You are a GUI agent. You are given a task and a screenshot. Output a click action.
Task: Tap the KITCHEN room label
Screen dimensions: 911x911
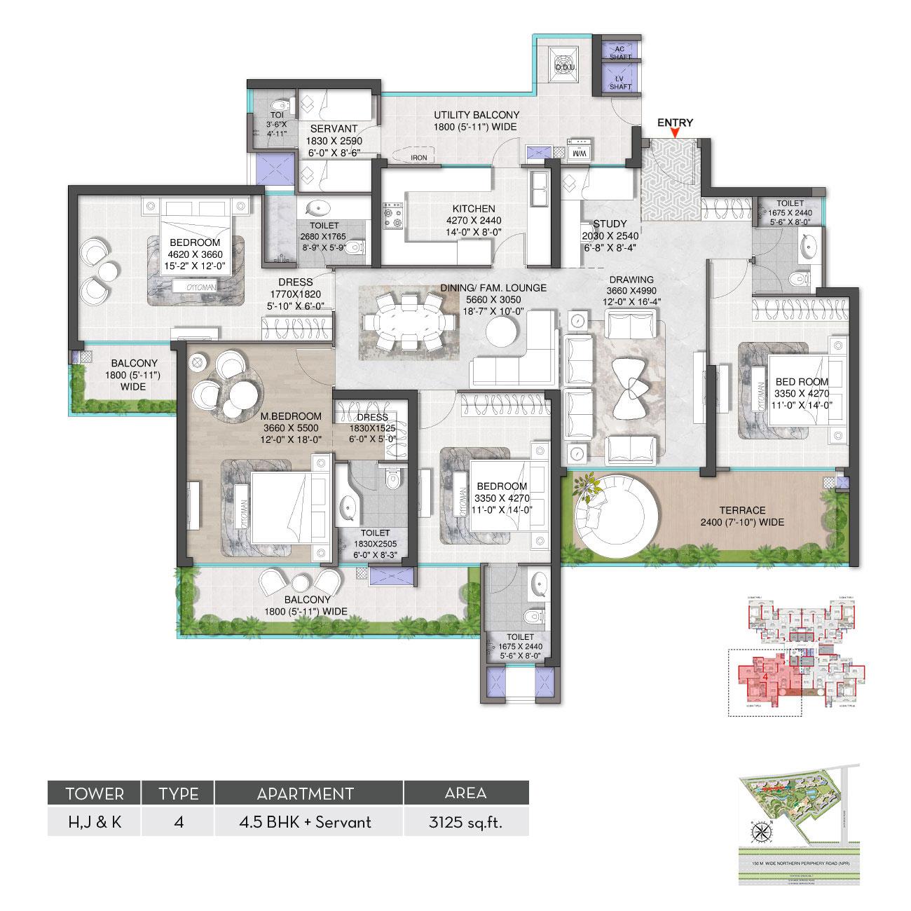point(474,209)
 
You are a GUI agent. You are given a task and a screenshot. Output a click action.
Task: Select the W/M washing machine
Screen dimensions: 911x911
point(580,151)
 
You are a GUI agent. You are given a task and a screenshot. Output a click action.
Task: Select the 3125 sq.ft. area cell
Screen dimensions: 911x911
point(465,821)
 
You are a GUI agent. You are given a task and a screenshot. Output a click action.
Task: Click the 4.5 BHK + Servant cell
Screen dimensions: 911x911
point(308,821)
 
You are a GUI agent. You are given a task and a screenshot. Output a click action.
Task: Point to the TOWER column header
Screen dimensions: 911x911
point(94,793)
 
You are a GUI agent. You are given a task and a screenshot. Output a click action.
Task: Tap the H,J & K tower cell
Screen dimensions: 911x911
point(94,821)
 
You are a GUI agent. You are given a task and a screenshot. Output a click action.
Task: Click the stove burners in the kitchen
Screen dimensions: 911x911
point(392,215)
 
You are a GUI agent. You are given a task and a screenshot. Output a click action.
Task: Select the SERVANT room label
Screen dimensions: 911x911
point(334,129)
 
